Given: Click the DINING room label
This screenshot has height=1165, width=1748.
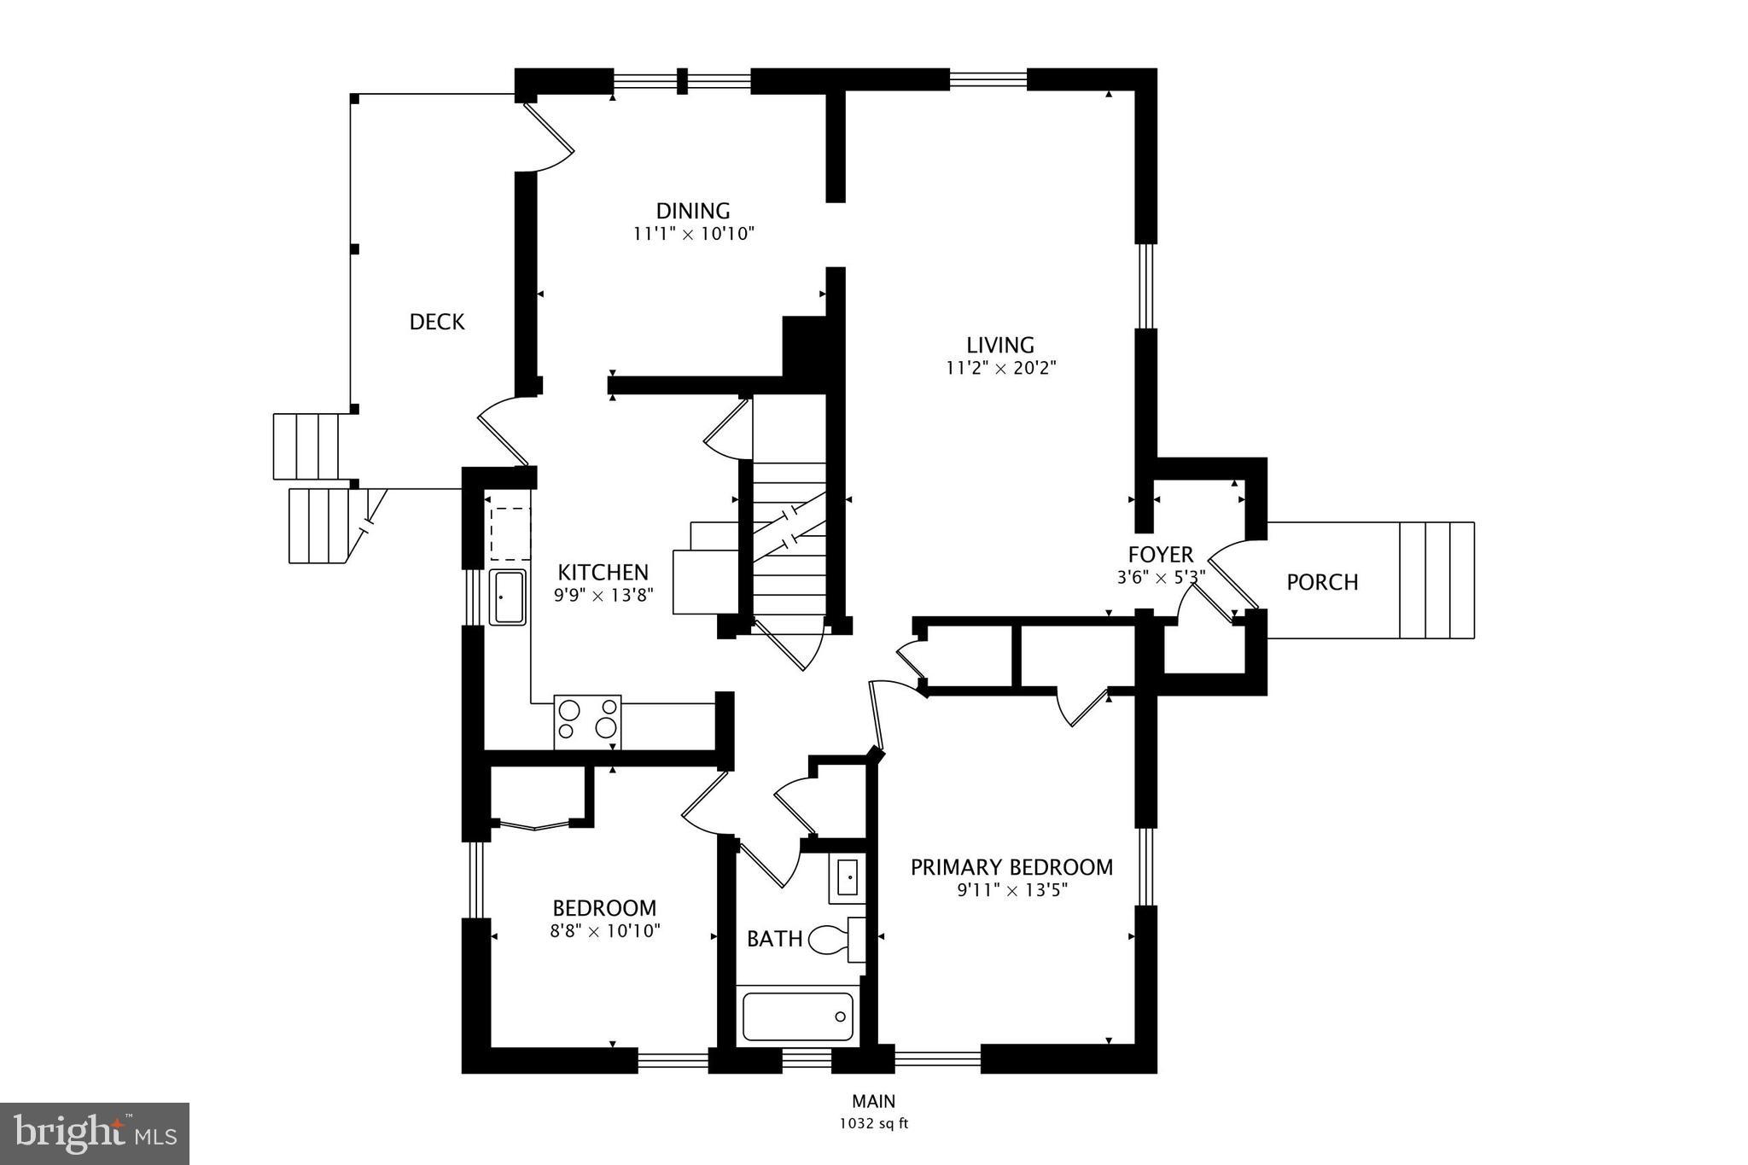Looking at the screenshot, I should (x=692, y=210).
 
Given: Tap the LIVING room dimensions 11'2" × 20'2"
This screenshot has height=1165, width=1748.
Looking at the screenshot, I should (x=1000, y=368).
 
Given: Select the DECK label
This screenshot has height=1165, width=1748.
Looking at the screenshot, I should (x=437, y=322).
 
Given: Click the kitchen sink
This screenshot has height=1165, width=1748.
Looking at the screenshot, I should (x=507, y=597).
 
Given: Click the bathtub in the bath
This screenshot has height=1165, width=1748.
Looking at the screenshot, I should (x=797, y=1016).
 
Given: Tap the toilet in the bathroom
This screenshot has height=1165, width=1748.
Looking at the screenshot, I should (x=832, y=940).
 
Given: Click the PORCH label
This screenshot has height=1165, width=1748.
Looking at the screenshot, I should (x=1322, y=582).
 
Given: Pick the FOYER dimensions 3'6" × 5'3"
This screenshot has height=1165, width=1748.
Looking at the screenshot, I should (x=1161, y=578).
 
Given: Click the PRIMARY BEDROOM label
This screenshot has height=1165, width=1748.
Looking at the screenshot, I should (x=1011, y=867).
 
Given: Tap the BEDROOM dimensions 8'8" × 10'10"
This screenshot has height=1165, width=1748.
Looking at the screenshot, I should (x=605, y=931).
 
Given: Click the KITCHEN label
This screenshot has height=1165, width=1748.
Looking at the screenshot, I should (x=603, y=572).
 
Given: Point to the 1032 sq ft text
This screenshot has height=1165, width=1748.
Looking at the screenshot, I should (x=873, y=1124).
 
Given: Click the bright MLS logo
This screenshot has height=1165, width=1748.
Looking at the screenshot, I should (x=95, y=1133).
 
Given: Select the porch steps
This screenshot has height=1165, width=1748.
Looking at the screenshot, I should (x=1436, y=580).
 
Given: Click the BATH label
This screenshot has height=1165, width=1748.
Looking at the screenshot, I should (x=774, y=939).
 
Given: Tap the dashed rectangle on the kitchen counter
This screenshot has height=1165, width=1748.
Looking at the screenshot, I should (x=510, y=533).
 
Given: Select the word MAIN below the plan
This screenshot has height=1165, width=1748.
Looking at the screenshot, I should (x=873, y=1102).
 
